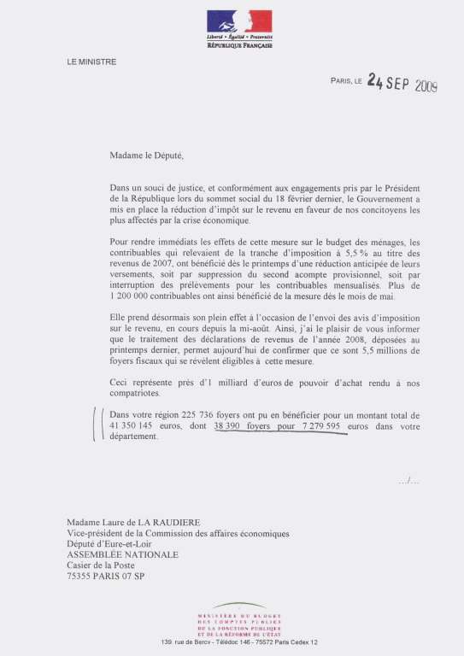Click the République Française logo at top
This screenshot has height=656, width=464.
(239, 27)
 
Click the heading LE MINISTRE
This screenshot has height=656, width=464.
(91, 61)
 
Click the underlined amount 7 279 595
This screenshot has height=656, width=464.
(319, 425)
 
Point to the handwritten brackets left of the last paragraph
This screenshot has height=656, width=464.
(97, 425)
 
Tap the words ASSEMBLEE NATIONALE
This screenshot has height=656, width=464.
(122, 554)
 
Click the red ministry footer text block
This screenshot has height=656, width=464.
(239, 625)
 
